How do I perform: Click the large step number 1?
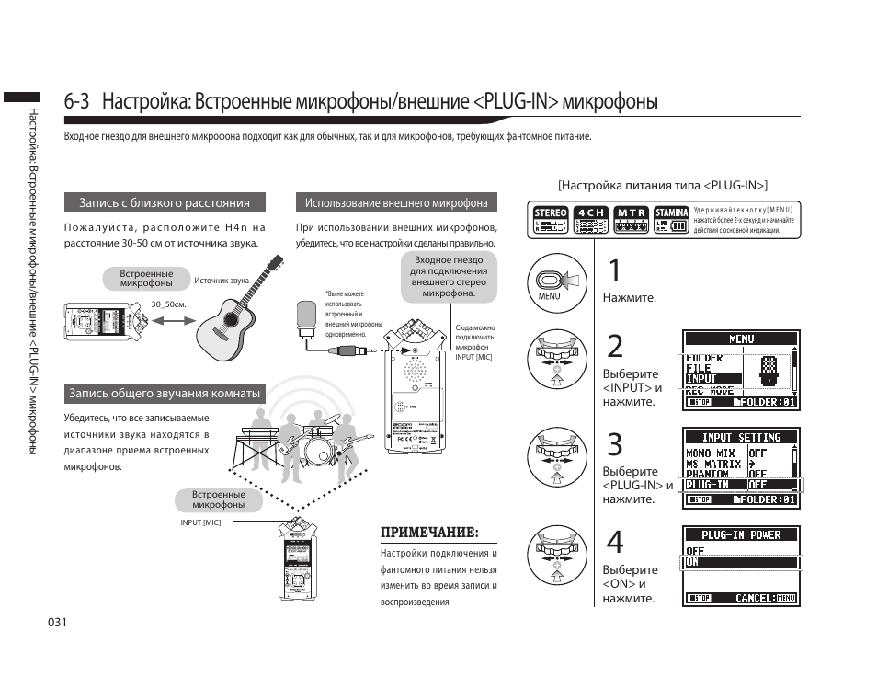615,271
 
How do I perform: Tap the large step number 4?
615,542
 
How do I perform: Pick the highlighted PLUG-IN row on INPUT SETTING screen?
740,485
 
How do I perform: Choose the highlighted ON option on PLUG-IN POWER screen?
740,562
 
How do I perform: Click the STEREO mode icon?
551,219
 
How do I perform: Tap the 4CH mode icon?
591,219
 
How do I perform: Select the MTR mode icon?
631,219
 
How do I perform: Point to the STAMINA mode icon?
671,219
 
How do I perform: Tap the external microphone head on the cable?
306,316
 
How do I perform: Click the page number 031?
59,623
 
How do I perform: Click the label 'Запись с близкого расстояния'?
165,203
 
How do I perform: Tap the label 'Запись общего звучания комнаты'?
165,394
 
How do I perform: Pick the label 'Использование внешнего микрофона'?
396,203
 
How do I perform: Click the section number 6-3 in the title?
77,101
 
